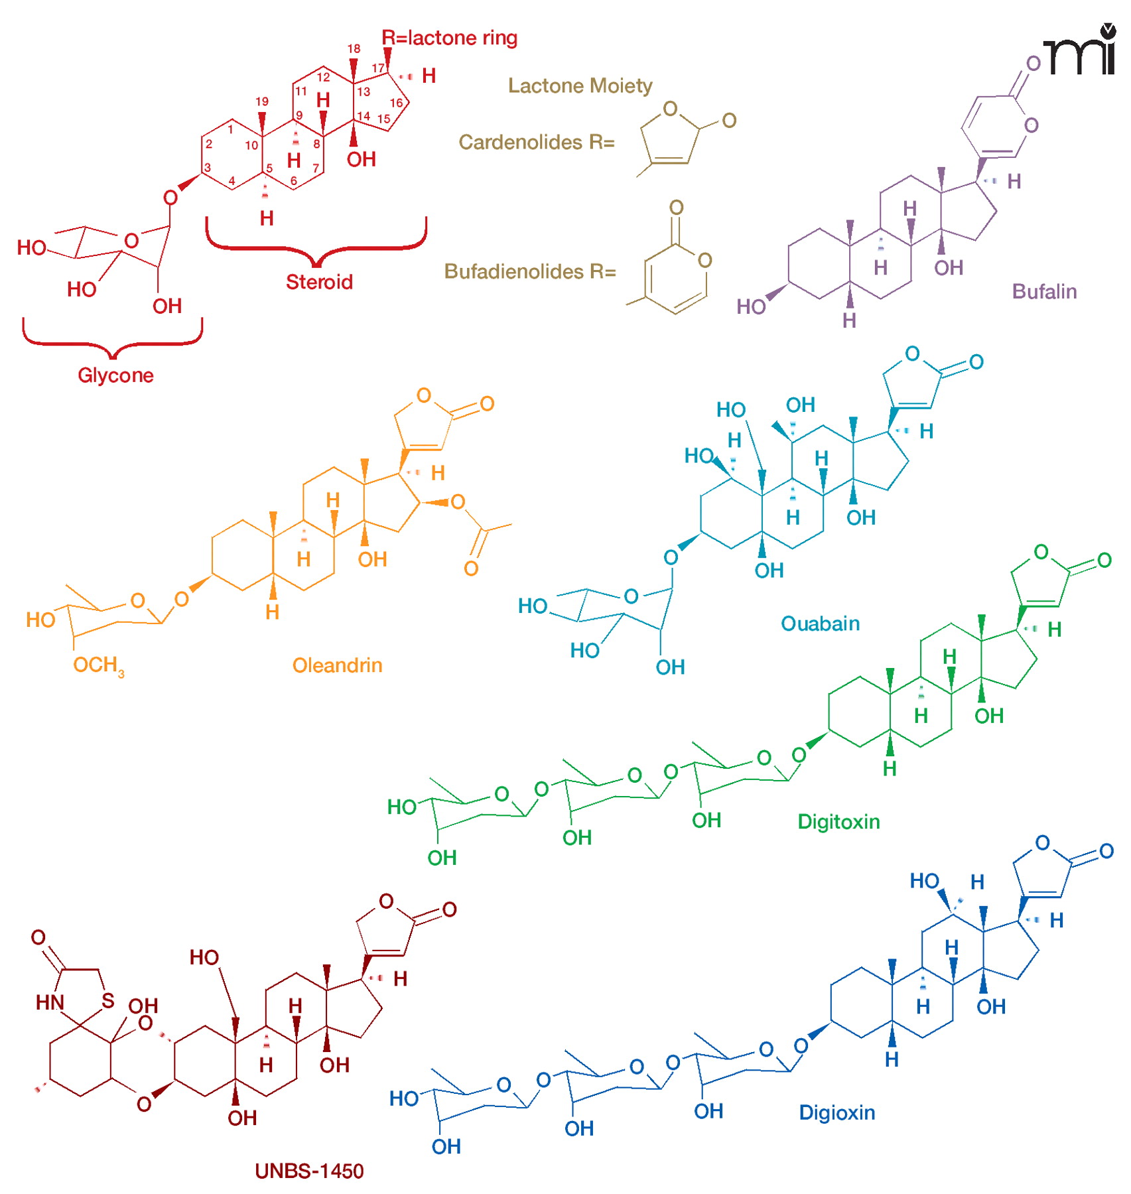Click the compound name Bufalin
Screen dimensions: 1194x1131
(1043, 291)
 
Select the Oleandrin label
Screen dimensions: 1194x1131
(337, 665)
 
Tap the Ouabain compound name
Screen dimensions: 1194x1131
(820, 623)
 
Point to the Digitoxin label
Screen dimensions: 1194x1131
(838, 821)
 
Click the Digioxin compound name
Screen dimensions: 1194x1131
(836, 1112)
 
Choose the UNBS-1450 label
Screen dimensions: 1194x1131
(309, 1171)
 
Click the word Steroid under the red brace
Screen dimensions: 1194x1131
(319, 282)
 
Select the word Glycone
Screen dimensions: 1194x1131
(115, 375)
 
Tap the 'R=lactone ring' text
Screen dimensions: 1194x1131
(449, 38)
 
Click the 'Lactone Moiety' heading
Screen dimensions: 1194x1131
(580, 86)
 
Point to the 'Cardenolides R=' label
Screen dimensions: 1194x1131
(537, 142)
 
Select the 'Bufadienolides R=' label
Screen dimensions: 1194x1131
(530, 271)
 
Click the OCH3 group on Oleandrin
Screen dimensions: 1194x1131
(98, 665)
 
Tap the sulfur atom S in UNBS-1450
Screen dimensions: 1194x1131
(108, 1000)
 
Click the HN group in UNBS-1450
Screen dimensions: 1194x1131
(50, 1002)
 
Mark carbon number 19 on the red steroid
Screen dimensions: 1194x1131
(262, 101)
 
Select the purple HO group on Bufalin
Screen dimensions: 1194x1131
(751, 306)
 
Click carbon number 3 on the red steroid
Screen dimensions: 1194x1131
(208, 167)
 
